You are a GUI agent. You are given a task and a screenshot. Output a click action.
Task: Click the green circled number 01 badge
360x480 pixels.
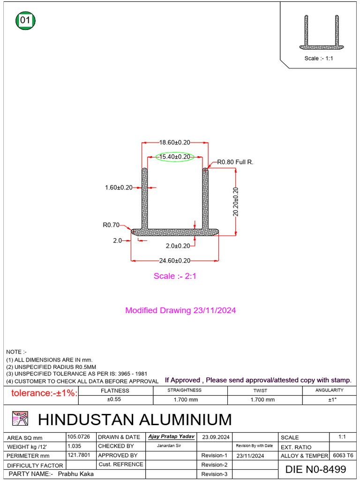click(x=26, y=21)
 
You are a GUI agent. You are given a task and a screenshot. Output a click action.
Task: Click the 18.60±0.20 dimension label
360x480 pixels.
click(x=175, y=142)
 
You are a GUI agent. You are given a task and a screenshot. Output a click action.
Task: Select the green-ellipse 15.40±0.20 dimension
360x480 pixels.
click(x=175, y=157)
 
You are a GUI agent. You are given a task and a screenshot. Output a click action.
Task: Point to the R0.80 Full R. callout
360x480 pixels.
click(x=235, y=162)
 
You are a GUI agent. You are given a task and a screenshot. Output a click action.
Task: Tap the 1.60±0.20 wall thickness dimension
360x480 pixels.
click(x=119, y=187)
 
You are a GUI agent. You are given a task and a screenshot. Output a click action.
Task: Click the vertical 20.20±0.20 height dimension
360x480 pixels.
click(x=235, y=202)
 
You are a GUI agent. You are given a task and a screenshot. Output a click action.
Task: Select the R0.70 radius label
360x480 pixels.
click(x=111, y=225)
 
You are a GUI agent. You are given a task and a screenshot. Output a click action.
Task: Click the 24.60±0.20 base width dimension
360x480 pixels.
click(x=175, y=261)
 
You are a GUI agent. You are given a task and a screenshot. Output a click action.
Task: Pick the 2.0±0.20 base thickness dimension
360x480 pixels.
click(x=178, y=246)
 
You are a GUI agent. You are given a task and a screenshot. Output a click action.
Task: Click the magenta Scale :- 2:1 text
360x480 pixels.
click(x=175, y=276)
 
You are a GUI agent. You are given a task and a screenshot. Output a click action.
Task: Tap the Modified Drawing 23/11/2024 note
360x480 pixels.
click(x=180, y=310)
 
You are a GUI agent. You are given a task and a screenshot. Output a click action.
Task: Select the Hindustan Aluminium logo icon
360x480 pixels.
click(x=20, y=419)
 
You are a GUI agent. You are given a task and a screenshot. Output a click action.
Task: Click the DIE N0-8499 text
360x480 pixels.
click(x=315, y=469)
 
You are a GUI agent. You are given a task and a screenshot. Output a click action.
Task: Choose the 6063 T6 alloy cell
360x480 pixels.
click(x=343, y=456)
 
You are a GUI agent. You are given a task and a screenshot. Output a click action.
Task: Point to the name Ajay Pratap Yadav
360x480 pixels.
click(x=171, y=436)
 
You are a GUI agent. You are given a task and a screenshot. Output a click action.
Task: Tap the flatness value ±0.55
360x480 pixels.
click(x=115, y=400)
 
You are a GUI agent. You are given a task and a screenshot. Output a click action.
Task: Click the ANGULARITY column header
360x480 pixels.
click(x=329, y=390)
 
